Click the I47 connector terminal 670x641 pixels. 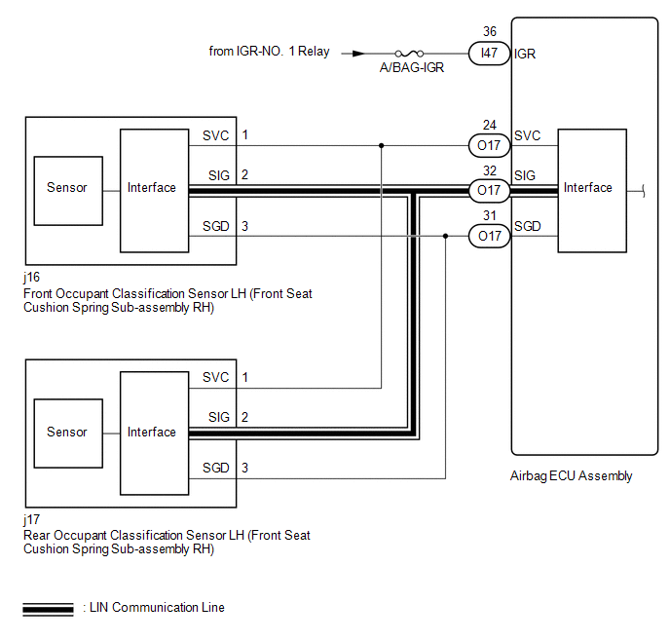pyautogui.click(x=490, y=54)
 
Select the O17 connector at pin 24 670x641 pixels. pyautogui.click(x=490, y=146)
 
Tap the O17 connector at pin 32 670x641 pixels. pyautogui.click(x=490, y=190)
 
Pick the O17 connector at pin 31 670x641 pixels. pyautogui.click(x=490, y=236)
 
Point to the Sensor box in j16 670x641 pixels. pyautogui.click(x=67, y=188)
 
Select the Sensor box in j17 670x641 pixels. pyautogui.click(x=67, y=432)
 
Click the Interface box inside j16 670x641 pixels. pyautogui.click(x=152, y=188)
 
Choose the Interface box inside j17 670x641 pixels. pyautogui.click(x=152, y=432)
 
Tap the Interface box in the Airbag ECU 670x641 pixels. pyautogui.click(x=588, y=188)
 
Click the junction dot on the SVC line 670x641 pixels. pyautogui.click(x=381, y=146)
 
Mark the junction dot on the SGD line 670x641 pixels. pyautogui.click(x=445, y=236)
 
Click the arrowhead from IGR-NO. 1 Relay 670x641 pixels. pyautogui.click(x=359, y=54)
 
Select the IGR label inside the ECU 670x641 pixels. pyautogui.click(x=525, y=54)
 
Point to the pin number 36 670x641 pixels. pyautogui.click(x=490, y=32)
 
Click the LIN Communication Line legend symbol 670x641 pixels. pyautogui.click(x=48, y=609)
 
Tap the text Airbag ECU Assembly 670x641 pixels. pyautogui.click(x=571, y=476)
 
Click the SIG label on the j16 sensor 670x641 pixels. pyautogui.click(x=218, y=174)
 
